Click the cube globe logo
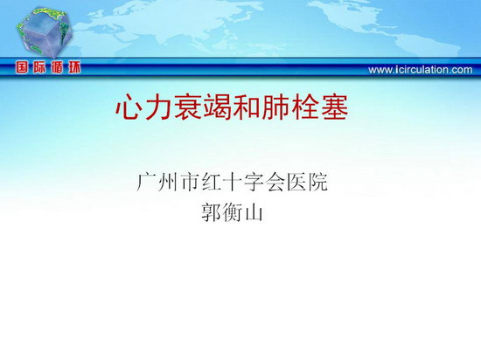(x=45, y=33)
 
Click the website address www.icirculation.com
(x=421, y=70)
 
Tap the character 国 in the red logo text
(x=22, y=67)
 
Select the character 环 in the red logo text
(x=74, y=67)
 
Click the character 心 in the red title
(x=129, y=107)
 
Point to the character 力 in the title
(x=158, y=107)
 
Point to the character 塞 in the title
(x=335, y=107)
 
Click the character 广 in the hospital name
(x=146, y=183)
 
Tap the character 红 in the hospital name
(x=211, y=183)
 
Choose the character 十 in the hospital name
(x=233, y=183)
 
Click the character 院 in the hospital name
(x=318, y=183)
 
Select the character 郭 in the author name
(x=211, y=212)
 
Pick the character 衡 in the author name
(x=233, y=212)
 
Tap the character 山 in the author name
(x=254, y=212)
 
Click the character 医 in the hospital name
(x=296, y=183)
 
